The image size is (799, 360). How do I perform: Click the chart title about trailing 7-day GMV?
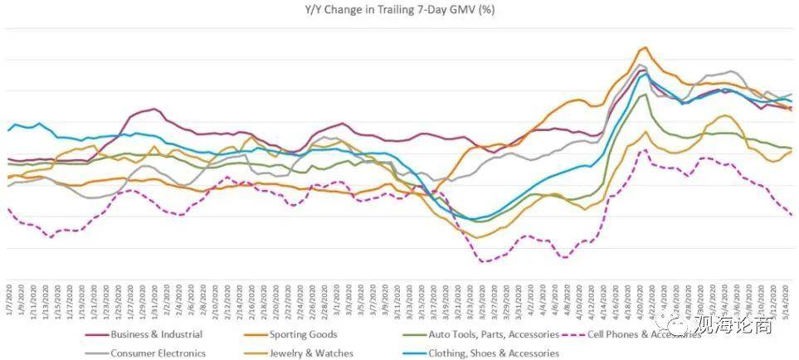(399, 11)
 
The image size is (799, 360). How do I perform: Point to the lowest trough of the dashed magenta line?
(485, 262)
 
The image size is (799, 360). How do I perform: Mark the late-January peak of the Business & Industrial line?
(153, 109)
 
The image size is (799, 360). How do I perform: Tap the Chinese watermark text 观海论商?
(734, 324)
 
